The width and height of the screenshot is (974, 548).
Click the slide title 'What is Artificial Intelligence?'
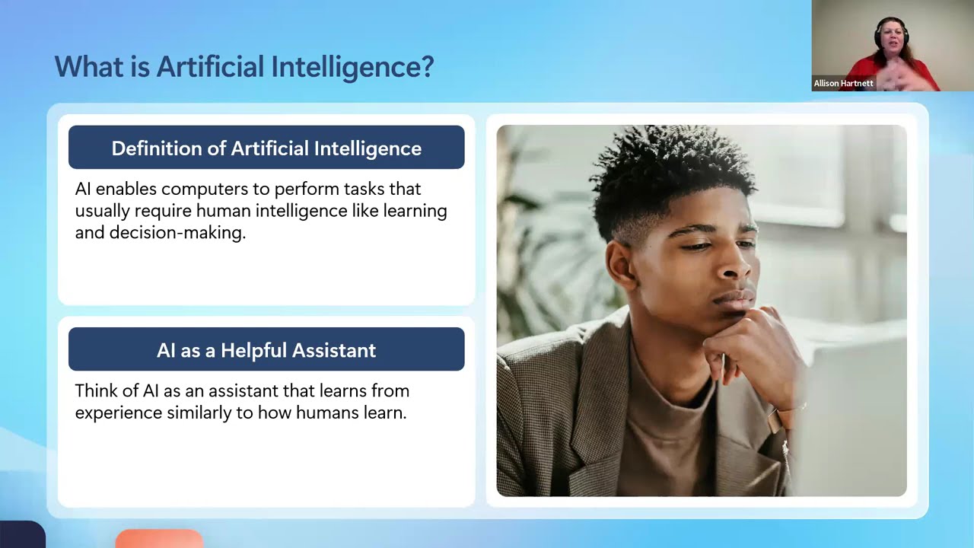[243, 67]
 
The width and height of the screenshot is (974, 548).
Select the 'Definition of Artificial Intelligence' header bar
[266, 148]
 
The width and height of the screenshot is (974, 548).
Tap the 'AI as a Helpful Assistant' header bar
[266, 350]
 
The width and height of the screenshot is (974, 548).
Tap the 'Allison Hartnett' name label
[843, 84]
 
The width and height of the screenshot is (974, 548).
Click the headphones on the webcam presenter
[878, 34]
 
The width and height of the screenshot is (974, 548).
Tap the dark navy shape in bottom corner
[21, 535]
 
